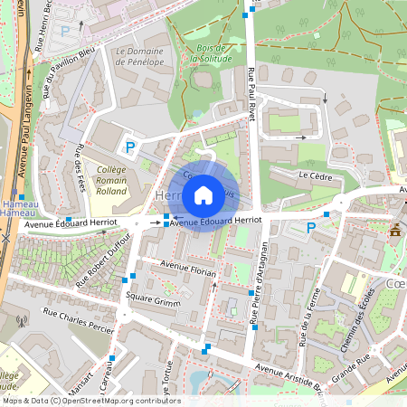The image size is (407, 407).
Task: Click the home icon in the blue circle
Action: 203,194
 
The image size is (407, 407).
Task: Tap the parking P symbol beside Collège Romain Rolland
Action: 130,147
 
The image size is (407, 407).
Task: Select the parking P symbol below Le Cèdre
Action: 312,227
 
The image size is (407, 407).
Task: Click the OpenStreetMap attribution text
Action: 90,401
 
